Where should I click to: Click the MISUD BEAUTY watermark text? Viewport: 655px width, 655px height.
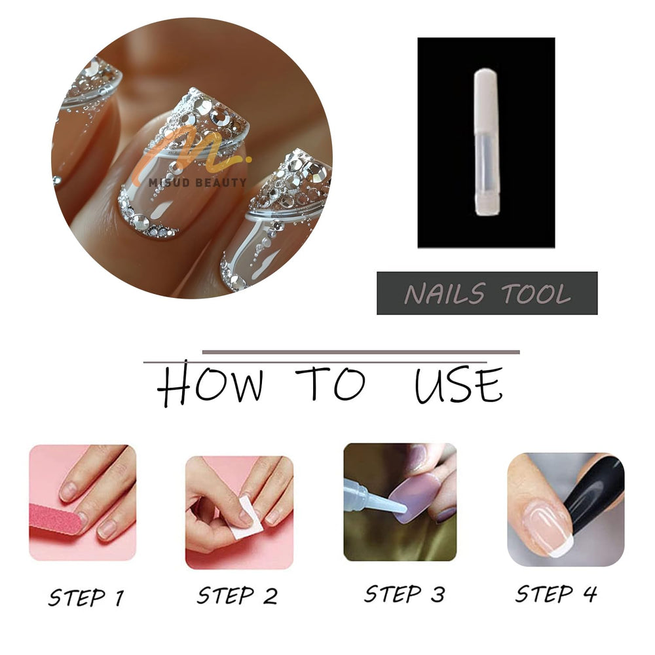click(198, 183)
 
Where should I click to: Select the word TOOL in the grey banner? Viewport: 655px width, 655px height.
click(536, 293)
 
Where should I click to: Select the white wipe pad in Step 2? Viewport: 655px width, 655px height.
click(246, 518)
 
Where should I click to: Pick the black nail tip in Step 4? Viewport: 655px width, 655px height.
click(593, 497)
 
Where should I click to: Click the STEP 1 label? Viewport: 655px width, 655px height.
click(86, 597)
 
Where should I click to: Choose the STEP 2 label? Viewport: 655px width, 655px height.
click(237, 595)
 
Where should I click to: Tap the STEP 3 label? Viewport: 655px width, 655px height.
click(404, 594)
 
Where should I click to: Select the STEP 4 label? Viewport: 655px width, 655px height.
click(556, 593)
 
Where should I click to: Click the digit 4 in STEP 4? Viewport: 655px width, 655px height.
click(590, 593)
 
